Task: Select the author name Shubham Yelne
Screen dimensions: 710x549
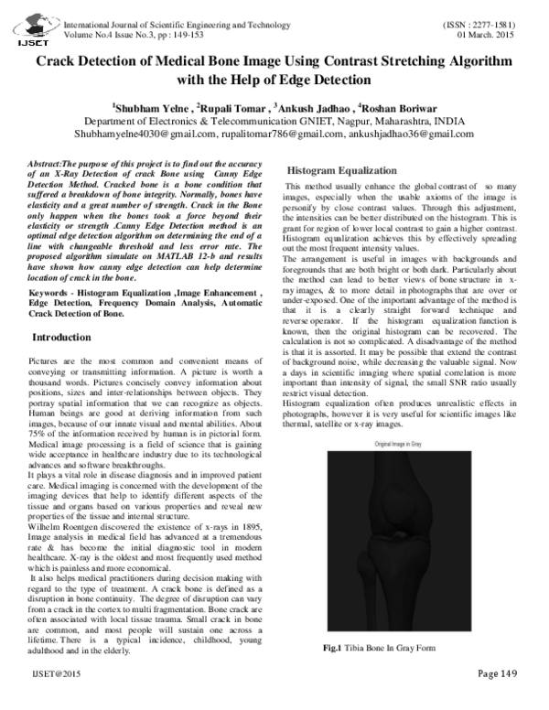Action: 145,106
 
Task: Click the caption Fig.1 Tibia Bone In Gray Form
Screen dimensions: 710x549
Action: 382,649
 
